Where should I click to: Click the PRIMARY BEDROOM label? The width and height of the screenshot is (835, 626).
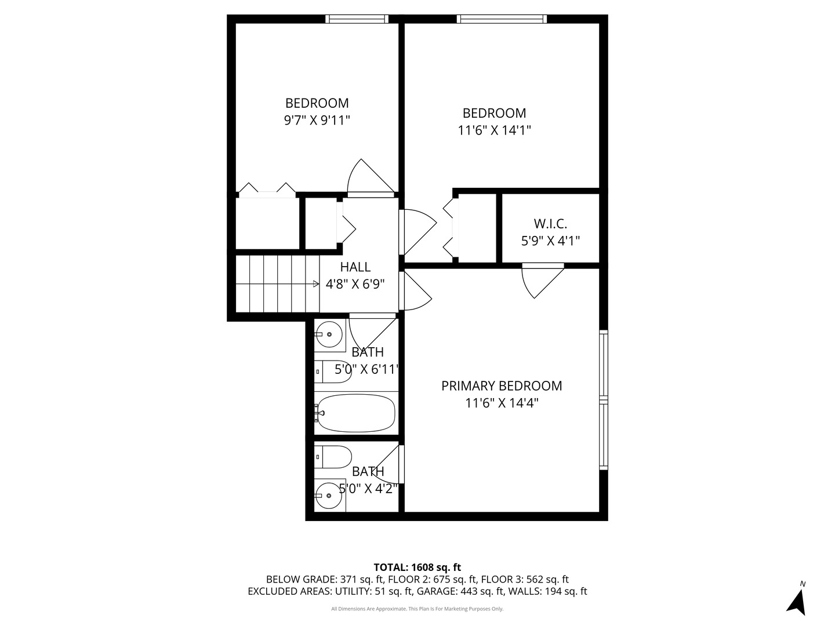[502, 386]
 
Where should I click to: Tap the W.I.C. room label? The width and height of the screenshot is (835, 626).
[550, 223]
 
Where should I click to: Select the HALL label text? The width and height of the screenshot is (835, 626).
[355, 267]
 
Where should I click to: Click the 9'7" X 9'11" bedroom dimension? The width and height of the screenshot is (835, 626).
[317, 121]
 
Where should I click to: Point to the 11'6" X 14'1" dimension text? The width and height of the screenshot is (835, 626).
[494, 130]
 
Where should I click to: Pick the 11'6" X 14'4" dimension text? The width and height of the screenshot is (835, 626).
[502, 403]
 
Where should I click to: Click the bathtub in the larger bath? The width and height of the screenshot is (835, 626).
[355, 413]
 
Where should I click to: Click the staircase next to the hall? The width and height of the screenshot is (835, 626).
[277, 283]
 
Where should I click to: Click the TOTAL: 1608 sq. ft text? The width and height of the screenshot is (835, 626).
[417, 567]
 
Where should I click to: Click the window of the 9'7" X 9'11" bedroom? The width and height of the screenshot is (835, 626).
[357, 19]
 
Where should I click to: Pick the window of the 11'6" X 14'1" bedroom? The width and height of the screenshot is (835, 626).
[502, 19]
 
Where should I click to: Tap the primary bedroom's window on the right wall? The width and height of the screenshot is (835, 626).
[604, 400]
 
